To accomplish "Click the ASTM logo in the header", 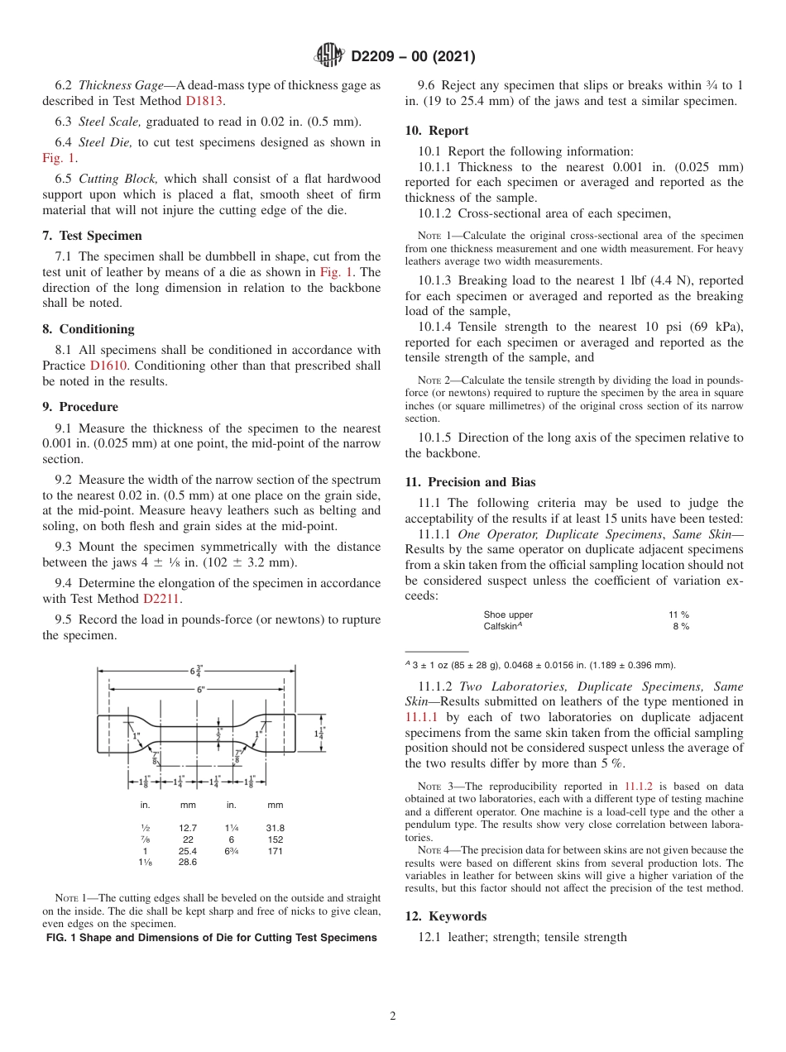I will click(x=329, y=56).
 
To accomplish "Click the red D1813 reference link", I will click(x=204, y=101).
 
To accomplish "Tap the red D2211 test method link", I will click(x=162, y=599).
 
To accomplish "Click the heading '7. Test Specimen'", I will click(x=92, y=236).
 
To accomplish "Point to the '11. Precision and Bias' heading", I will click(x=470, y=482).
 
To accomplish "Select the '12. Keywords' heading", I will click(x=445, y=916).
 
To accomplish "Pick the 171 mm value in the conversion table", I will click(x=276, y=851).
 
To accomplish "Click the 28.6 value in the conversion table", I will click(x=188, y=862).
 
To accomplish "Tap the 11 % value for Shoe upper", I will click(x=678, y=614).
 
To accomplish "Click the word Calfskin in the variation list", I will click(x=501, y=627).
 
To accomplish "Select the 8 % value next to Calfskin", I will click(x=681, y=627).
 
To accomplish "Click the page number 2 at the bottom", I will click(x=393, y=1016).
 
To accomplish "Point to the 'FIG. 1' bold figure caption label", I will click(x=62, y=938).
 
